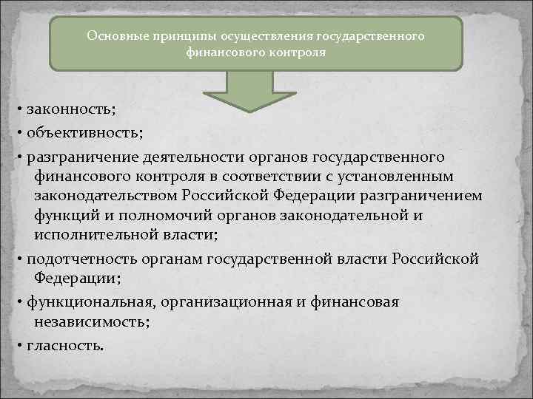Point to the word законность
[70, 109]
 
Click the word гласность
[65, 345]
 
